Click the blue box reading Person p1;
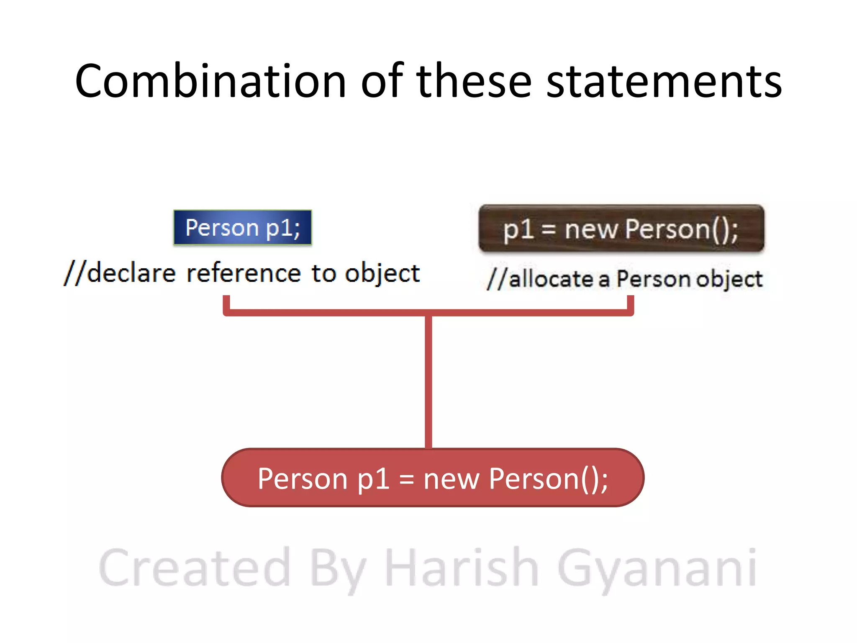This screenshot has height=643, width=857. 243,228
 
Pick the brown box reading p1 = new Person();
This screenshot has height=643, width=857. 621,229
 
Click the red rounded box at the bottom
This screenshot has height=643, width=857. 433,478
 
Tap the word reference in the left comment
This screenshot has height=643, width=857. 244,273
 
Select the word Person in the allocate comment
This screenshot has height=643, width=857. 653,279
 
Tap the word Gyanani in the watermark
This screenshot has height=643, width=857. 657,568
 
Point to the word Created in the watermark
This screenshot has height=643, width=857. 195,568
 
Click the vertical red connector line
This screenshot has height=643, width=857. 428,381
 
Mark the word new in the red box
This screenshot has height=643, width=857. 451,478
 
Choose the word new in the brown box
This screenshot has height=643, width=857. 591,229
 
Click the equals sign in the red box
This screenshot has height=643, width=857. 407,479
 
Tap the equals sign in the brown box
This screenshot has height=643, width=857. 549,230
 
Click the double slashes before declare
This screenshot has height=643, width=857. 74,273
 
